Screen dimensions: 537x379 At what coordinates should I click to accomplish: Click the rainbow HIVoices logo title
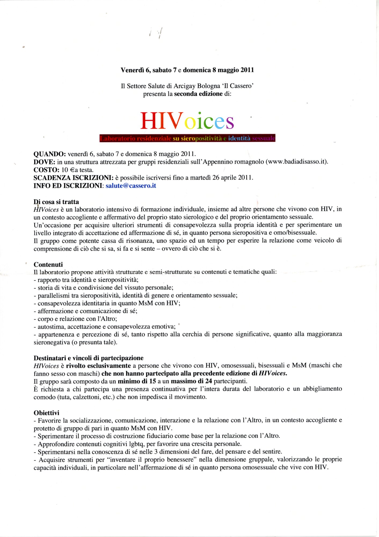[x=187, y=121]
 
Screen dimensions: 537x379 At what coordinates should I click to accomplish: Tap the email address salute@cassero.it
[x=131, y=186]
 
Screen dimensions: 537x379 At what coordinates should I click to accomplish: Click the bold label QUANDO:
[x=50, y=154]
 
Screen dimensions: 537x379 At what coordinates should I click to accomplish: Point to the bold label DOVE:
[x=44, y=162]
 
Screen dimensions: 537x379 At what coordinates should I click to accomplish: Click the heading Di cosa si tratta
[x=56, y=202]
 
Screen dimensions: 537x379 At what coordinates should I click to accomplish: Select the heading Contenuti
[x=48, y=264]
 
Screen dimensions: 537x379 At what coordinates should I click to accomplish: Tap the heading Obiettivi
[x=46, y=413]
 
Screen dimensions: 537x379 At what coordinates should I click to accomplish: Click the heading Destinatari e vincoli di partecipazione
[x=88, y=358]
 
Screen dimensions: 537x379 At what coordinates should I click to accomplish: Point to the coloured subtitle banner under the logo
[x=187, y=138]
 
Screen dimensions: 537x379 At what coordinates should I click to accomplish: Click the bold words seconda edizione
[x=198, y=94]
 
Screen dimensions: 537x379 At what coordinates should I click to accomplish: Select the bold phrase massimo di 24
[x=191, y=381]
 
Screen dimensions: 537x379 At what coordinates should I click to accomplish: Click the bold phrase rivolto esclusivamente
[x=98, y=366]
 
